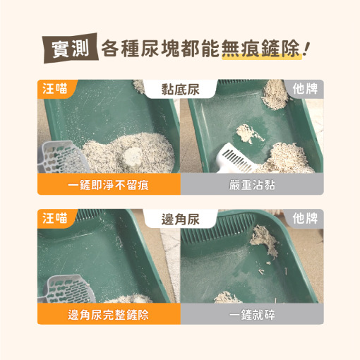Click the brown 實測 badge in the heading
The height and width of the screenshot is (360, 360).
(71, 48)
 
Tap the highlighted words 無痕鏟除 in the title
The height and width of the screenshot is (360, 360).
(260, 49)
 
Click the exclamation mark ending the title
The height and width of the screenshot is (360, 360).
(306, 49)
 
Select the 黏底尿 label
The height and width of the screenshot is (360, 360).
(180, 90)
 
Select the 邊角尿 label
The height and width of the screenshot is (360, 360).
(180, 220)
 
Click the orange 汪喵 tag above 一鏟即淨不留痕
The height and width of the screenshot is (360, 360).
(55, 89)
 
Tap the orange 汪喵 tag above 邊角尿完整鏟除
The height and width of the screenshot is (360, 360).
(55, 218)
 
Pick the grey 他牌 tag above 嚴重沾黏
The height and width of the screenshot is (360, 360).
(305, 89)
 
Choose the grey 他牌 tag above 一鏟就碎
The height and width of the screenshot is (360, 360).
(305, 218)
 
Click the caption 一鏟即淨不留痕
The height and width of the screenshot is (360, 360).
(108, 185)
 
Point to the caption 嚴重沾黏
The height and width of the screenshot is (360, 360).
(252, 185)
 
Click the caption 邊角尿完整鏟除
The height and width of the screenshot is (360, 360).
(108, 315)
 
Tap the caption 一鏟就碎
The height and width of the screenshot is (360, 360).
(252, 315)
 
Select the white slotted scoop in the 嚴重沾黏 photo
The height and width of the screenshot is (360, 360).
(236, 160)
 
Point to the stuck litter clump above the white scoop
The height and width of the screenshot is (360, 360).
(249, 133)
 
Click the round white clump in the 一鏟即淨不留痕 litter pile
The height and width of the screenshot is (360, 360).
(133, 156)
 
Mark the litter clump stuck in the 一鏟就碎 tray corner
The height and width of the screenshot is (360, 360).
(264, 239)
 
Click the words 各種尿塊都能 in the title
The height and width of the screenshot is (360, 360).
(160, 49)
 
